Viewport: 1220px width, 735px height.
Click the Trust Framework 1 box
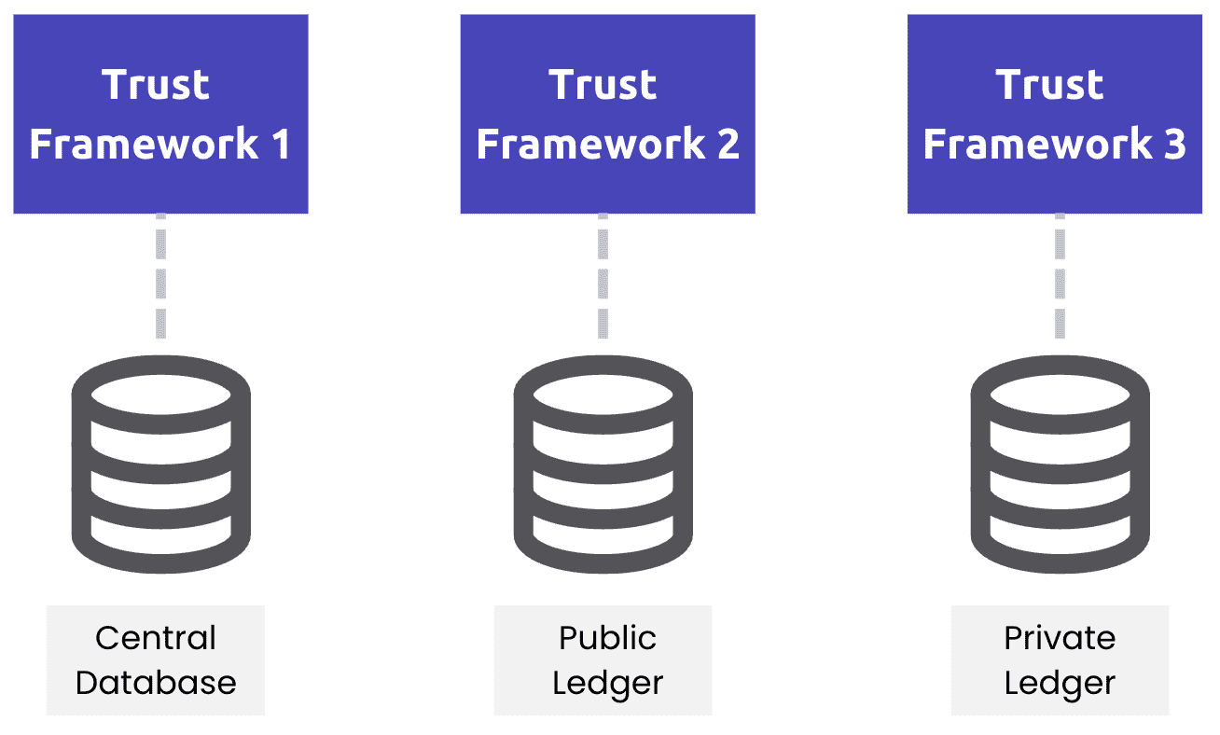160,114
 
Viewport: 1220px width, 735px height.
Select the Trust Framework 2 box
607,114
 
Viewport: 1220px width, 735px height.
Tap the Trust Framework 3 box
1054,114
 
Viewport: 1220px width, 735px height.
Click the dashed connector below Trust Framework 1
160,276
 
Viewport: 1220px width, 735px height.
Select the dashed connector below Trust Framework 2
603,276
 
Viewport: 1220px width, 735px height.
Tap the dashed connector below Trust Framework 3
1060,276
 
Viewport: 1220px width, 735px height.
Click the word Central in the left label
156,638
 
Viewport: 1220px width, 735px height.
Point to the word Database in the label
156,683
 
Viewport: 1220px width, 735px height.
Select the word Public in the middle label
607,638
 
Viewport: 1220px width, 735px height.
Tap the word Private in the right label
1060,638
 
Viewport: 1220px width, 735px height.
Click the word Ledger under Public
607,683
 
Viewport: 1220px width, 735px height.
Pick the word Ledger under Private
1060,683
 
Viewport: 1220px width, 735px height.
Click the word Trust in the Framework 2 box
603,85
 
